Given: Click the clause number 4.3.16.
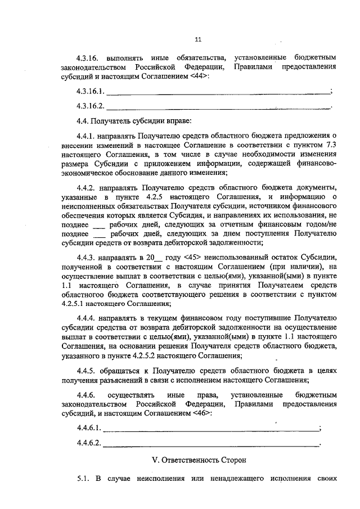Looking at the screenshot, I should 88,58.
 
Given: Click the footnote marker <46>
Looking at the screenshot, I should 202,414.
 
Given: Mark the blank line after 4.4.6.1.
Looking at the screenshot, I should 211,429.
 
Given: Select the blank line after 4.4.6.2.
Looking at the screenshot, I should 211,444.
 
